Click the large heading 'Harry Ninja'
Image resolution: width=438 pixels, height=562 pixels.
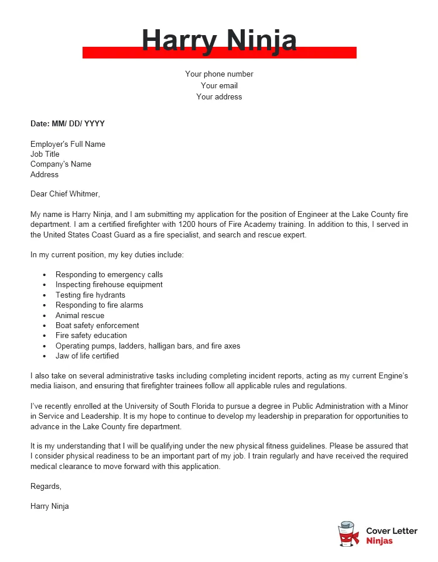219,40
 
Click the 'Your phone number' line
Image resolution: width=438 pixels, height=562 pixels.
219,74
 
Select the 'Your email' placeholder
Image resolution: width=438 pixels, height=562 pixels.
219,85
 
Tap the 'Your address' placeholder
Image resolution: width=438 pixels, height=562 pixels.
219,97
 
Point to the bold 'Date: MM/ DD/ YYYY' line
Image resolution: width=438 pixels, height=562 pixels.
67,124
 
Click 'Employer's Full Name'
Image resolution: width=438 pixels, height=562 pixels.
68,144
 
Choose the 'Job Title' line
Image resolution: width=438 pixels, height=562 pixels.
45,154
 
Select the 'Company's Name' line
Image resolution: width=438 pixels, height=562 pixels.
61,164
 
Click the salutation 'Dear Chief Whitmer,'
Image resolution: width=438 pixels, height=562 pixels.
66,194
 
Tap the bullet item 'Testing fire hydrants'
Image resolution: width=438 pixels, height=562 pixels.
90,295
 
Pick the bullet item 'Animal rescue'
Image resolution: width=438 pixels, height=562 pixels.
80,315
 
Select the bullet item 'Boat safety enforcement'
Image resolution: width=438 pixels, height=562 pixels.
97,325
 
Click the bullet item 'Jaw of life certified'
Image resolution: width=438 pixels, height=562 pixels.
87,356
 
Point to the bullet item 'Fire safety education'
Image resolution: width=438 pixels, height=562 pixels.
91,336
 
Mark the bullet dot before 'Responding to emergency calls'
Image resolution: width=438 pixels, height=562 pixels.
45,275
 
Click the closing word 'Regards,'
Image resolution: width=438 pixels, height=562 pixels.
46,487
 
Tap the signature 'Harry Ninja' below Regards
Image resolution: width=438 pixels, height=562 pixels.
50,506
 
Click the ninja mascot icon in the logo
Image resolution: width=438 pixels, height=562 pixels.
348,535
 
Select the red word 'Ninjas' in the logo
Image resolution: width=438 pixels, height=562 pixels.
379,541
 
